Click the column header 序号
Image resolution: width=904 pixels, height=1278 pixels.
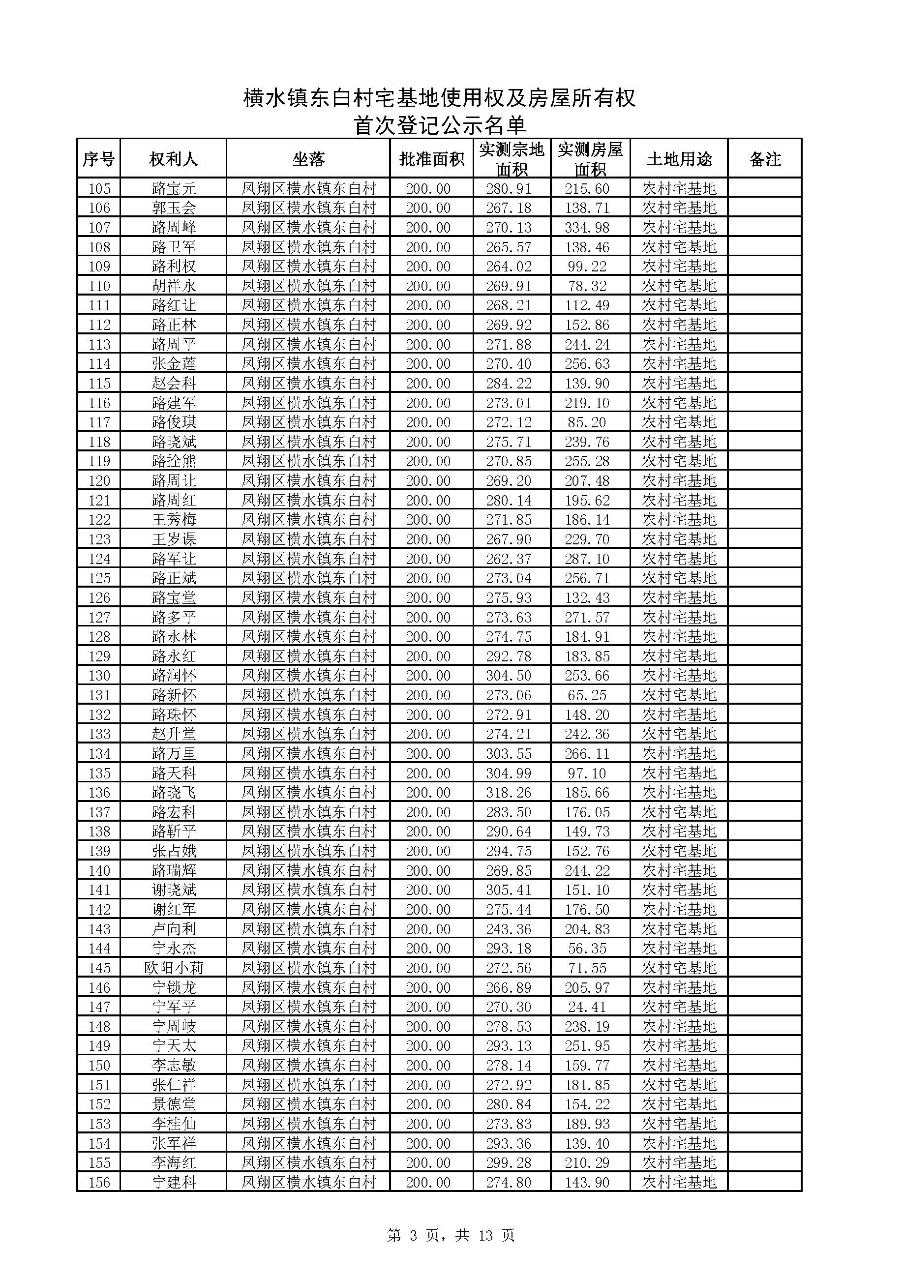tap(98, 159)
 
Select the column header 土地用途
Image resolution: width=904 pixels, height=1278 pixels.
tap(679, 159)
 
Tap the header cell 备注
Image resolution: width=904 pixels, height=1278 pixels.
tap(765, 159)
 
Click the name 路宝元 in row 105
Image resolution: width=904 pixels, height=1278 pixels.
tap(174, 189)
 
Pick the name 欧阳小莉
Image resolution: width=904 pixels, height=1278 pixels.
tap(174, 968)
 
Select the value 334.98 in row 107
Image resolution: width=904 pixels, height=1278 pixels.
tap(587, 228)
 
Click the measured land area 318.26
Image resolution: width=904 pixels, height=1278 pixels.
tap(509, 793)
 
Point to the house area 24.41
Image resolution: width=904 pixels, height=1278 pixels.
tap(587, 1007)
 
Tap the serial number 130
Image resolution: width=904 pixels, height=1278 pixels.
tap(99, 676)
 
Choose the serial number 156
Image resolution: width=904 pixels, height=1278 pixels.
tap(99, 1182)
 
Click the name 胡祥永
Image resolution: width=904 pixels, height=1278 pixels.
tap(174, 286)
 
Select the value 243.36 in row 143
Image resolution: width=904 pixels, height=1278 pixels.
tap(509, 929)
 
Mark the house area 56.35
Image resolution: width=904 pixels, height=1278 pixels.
tap(587, 949)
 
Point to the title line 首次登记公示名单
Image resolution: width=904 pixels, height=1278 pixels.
tap(440, 125)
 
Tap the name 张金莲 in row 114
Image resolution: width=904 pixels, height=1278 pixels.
tap(174, 364)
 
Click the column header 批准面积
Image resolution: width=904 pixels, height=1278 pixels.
tap(431, 159)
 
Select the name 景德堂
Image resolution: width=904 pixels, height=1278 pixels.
tap(174, 1104)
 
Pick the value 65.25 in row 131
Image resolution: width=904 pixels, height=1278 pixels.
tap(587, 695)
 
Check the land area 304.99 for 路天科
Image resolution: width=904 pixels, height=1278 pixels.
tap(509, 773)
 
